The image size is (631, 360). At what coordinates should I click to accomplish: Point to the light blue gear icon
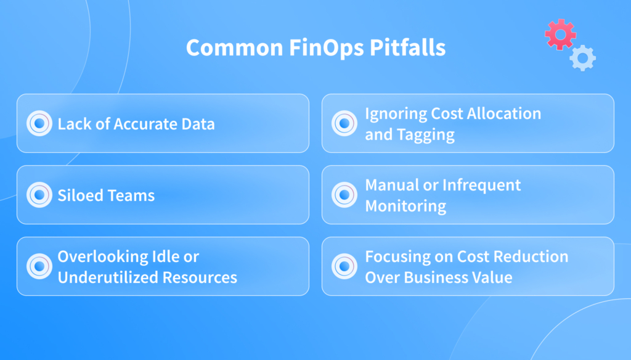[x=582, y=58]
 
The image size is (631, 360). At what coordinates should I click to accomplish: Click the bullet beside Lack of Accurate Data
[x=39, y=123]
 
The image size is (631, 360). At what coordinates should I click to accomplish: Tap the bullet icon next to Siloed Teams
[x=39, y=195]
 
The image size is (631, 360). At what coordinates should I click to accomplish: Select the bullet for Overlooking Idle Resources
[x=39, y=266]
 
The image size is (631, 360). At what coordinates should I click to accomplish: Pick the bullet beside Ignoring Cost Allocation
[x=344, y=123]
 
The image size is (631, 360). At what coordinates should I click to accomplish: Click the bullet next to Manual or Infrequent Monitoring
[x=344, y=195]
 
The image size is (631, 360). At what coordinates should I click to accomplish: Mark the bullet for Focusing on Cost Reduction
[x=344, y=266]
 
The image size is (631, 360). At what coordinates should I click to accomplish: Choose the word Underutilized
[x=108, y=277]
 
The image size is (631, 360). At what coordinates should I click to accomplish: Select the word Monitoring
[x=405, y=206]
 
